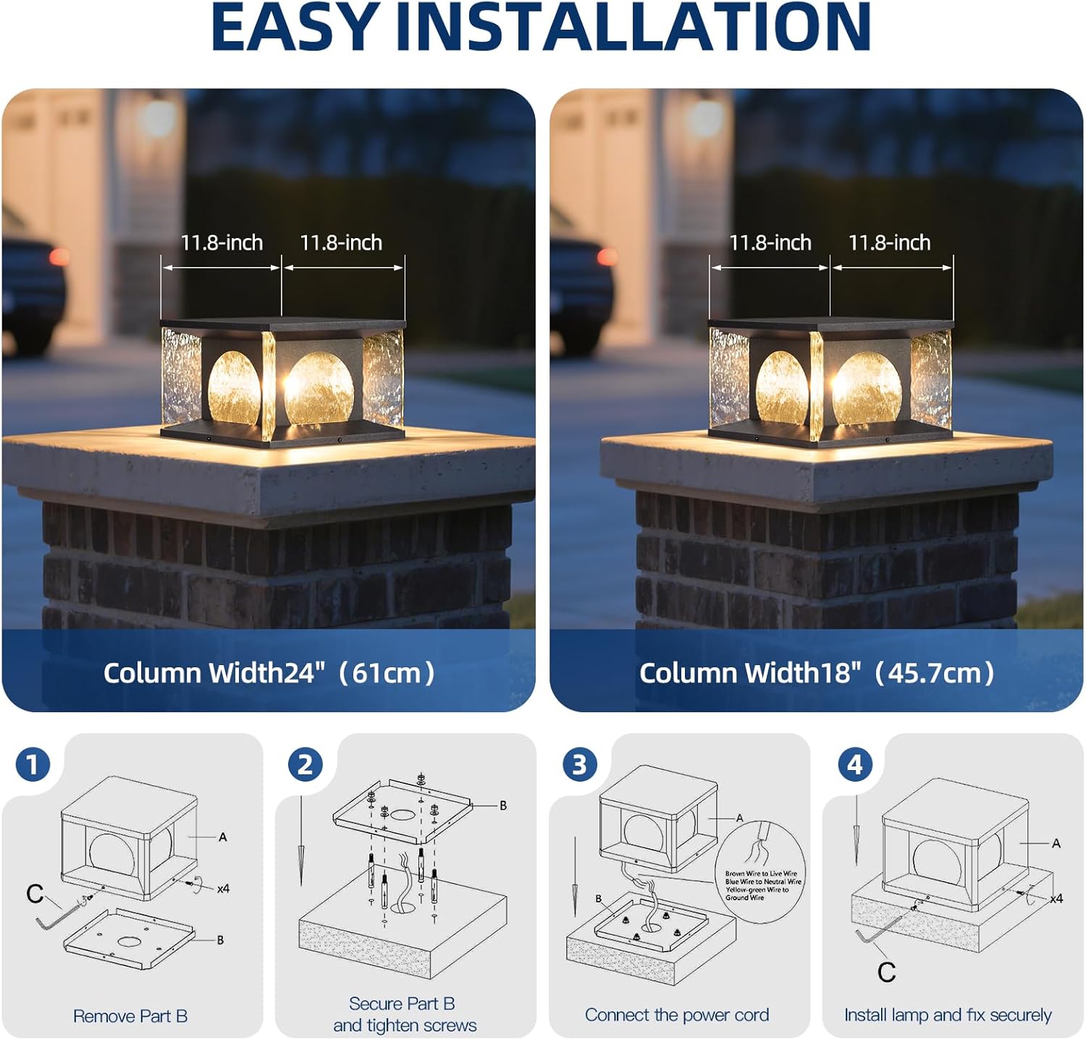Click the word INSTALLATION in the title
pos(634,27)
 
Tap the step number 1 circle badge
pos(33,764)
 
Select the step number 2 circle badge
pos(306,764)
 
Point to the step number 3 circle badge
pos(580,764)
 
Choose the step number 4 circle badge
pos(854,764)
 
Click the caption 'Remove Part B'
pos(130,1016)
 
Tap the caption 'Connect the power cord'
pos(677,1015)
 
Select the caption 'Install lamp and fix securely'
pos(948,1015)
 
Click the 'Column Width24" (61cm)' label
pos(269,673)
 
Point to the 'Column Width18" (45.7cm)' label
pos(817,673)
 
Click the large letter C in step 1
pos(34,894)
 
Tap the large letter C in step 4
pos(886,972)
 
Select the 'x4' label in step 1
pos(223,888)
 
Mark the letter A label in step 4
pos(1056,843)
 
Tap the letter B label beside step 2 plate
pos(503,805)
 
